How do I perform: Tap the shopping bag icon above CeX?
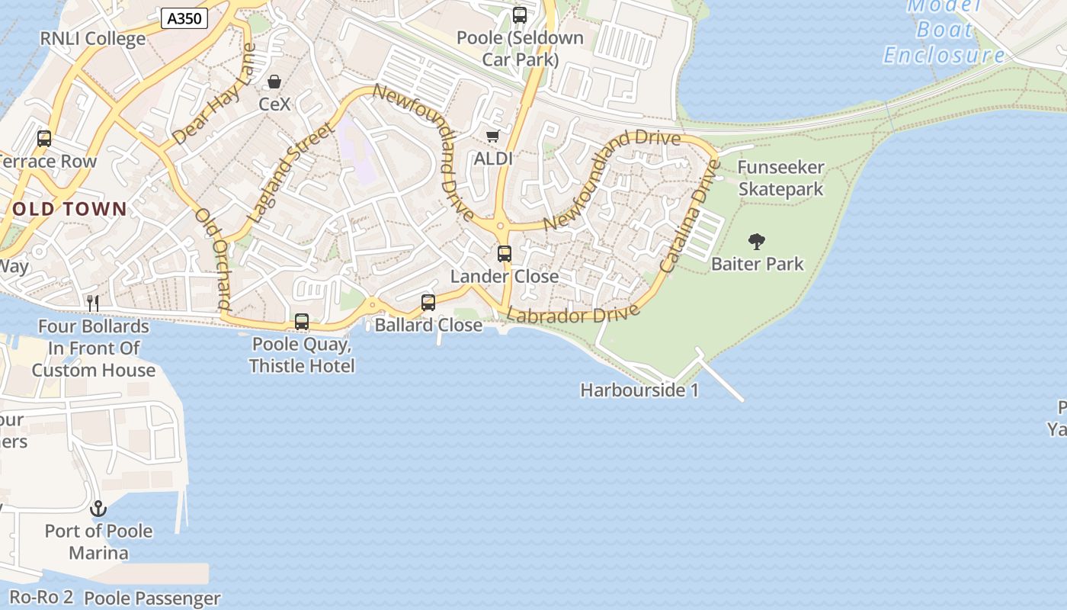point(274,82)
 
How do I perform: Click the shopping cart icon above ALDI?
point(492,136)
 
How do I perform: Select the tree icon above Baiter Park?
point(757,242)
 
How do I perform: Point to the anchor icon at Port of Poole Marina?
point(98,508)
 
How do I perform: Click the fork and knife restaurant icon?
point(93,303)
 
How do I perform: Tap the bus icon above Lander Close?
point(505,254)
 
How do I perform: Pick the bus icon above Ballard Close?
point(428,303)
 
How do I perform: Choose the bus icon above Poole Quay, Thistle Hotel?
point(302,322)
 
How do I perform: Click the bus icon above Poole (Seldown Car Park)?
point(520,15)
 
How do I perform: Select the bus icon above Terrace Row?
point(44,139)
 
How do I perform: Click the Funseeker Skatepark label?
point(781,178)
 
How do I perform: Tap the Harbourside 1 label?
point(639,390)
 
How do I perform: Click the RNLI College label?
point(92,39)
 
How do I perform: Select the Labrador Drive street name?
point(573,314)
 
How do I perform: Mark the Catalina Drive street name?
point(690,216)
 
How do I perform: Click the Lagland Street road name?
point(291,174)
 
